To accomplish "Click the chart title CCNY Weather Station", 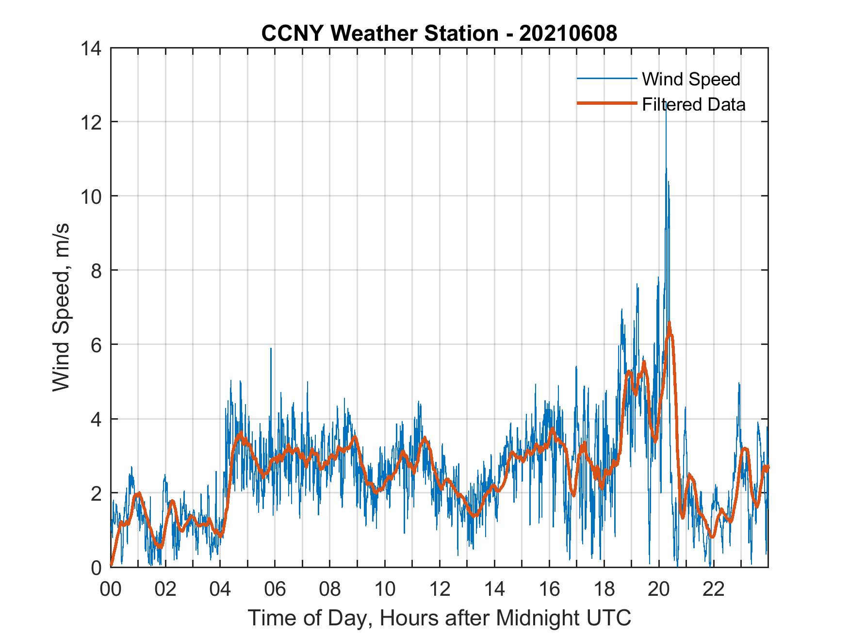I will [439, 33].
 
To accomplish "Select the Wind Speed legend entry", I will [691, 79].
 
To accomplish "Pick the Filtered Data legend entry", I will [693, 104].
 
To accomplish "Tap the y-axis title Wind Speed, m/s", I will [62, 308].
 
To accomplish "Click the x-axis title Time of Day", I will [440, 618].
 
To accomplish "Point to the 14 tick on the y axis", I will [92, 48].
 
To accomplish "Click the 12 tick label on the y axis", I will [92, 122].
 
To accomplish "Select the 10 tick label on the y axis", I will [92, 196].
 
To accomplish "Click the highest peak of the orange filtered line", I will [669, 323].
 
